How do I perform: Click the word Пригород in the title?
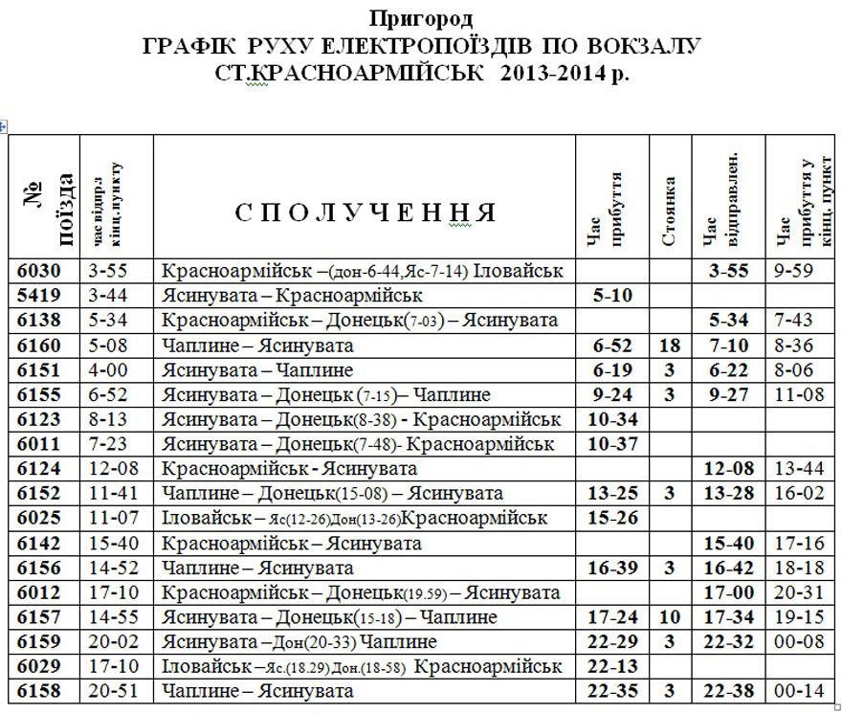(420, 17)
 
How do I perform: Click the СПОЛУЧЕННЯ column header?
(366, 212)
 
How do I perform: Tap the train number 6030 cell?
(44, 271)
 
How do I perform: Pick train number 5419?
(44, 296)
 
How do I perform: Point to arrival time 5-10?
(611, 296)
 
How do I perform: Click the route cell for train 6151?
(364, 370)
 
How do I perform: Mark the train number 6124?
(44, 469)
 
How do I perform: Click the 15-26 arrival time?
(611, 519)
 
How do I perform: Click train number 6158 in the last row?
(44, 691)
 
